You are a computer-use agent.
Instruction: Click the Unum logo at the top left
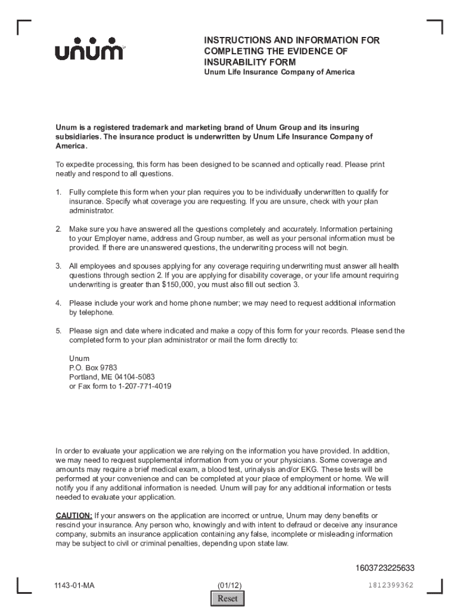pos(89,52)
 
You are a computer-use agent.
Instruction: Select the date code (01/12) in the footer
pos(229,585)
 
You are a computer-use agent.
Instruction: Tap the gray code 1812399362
pos(390,585)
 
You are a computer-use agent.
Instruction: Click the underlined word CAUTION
pos(74,515)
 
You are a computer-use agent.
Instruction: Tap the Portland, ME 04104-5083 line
pos(112,377)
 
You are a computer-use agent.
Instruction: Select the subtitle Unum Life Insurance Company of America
pos(280,72)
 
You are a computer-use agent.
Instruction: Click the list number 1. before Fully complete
pos(58,192)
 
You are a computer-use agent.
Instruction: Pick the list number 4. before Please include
pos(58,303)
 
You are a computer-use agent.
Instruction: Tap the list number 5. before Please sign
pos(58,331)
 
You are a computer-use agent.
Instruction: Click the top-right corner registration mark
pos(435,27)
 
